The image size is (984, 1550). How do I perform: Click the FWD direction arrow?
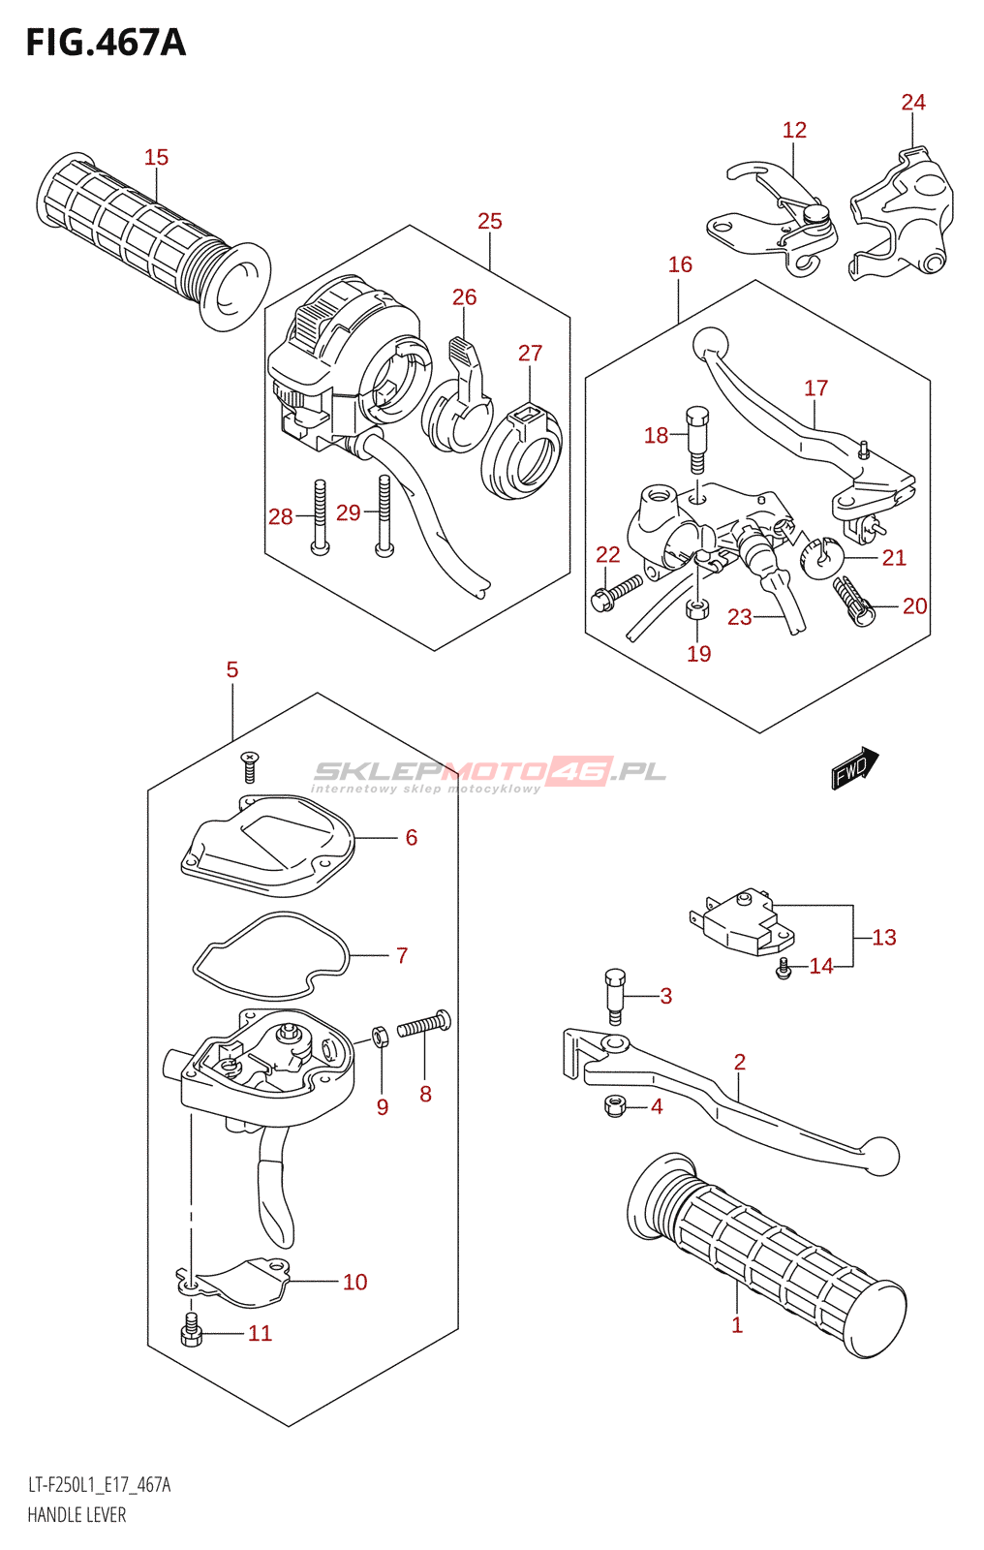point(854,768)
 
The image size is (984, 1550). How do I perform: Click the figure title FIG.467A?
point(105,43)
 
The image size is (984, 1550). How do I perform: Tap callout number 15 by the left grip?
point(156,157)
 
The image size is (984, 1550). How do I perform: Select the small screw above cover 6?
point(250,766)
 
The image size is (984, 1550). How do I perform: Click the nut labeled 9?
point(382,1036)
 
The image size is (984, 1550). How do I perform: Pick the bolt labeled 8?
point(424,1024)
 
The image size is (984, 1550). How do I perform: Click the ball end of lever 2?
point(881,1156)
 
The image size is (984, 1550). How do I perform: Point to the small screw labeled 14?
point(784,967)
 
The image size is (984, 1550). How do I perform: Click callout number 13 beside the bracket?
point(884,937)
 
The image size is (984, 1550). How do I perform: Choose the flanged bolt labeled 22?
point(616,592)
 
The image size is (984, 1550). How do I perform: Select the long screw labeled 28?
point(319,517)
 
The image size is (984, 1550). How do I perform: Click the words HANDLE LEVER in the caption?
point(77,1515)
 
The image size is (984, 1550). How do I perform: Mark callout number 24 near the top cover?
point(913,103)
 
